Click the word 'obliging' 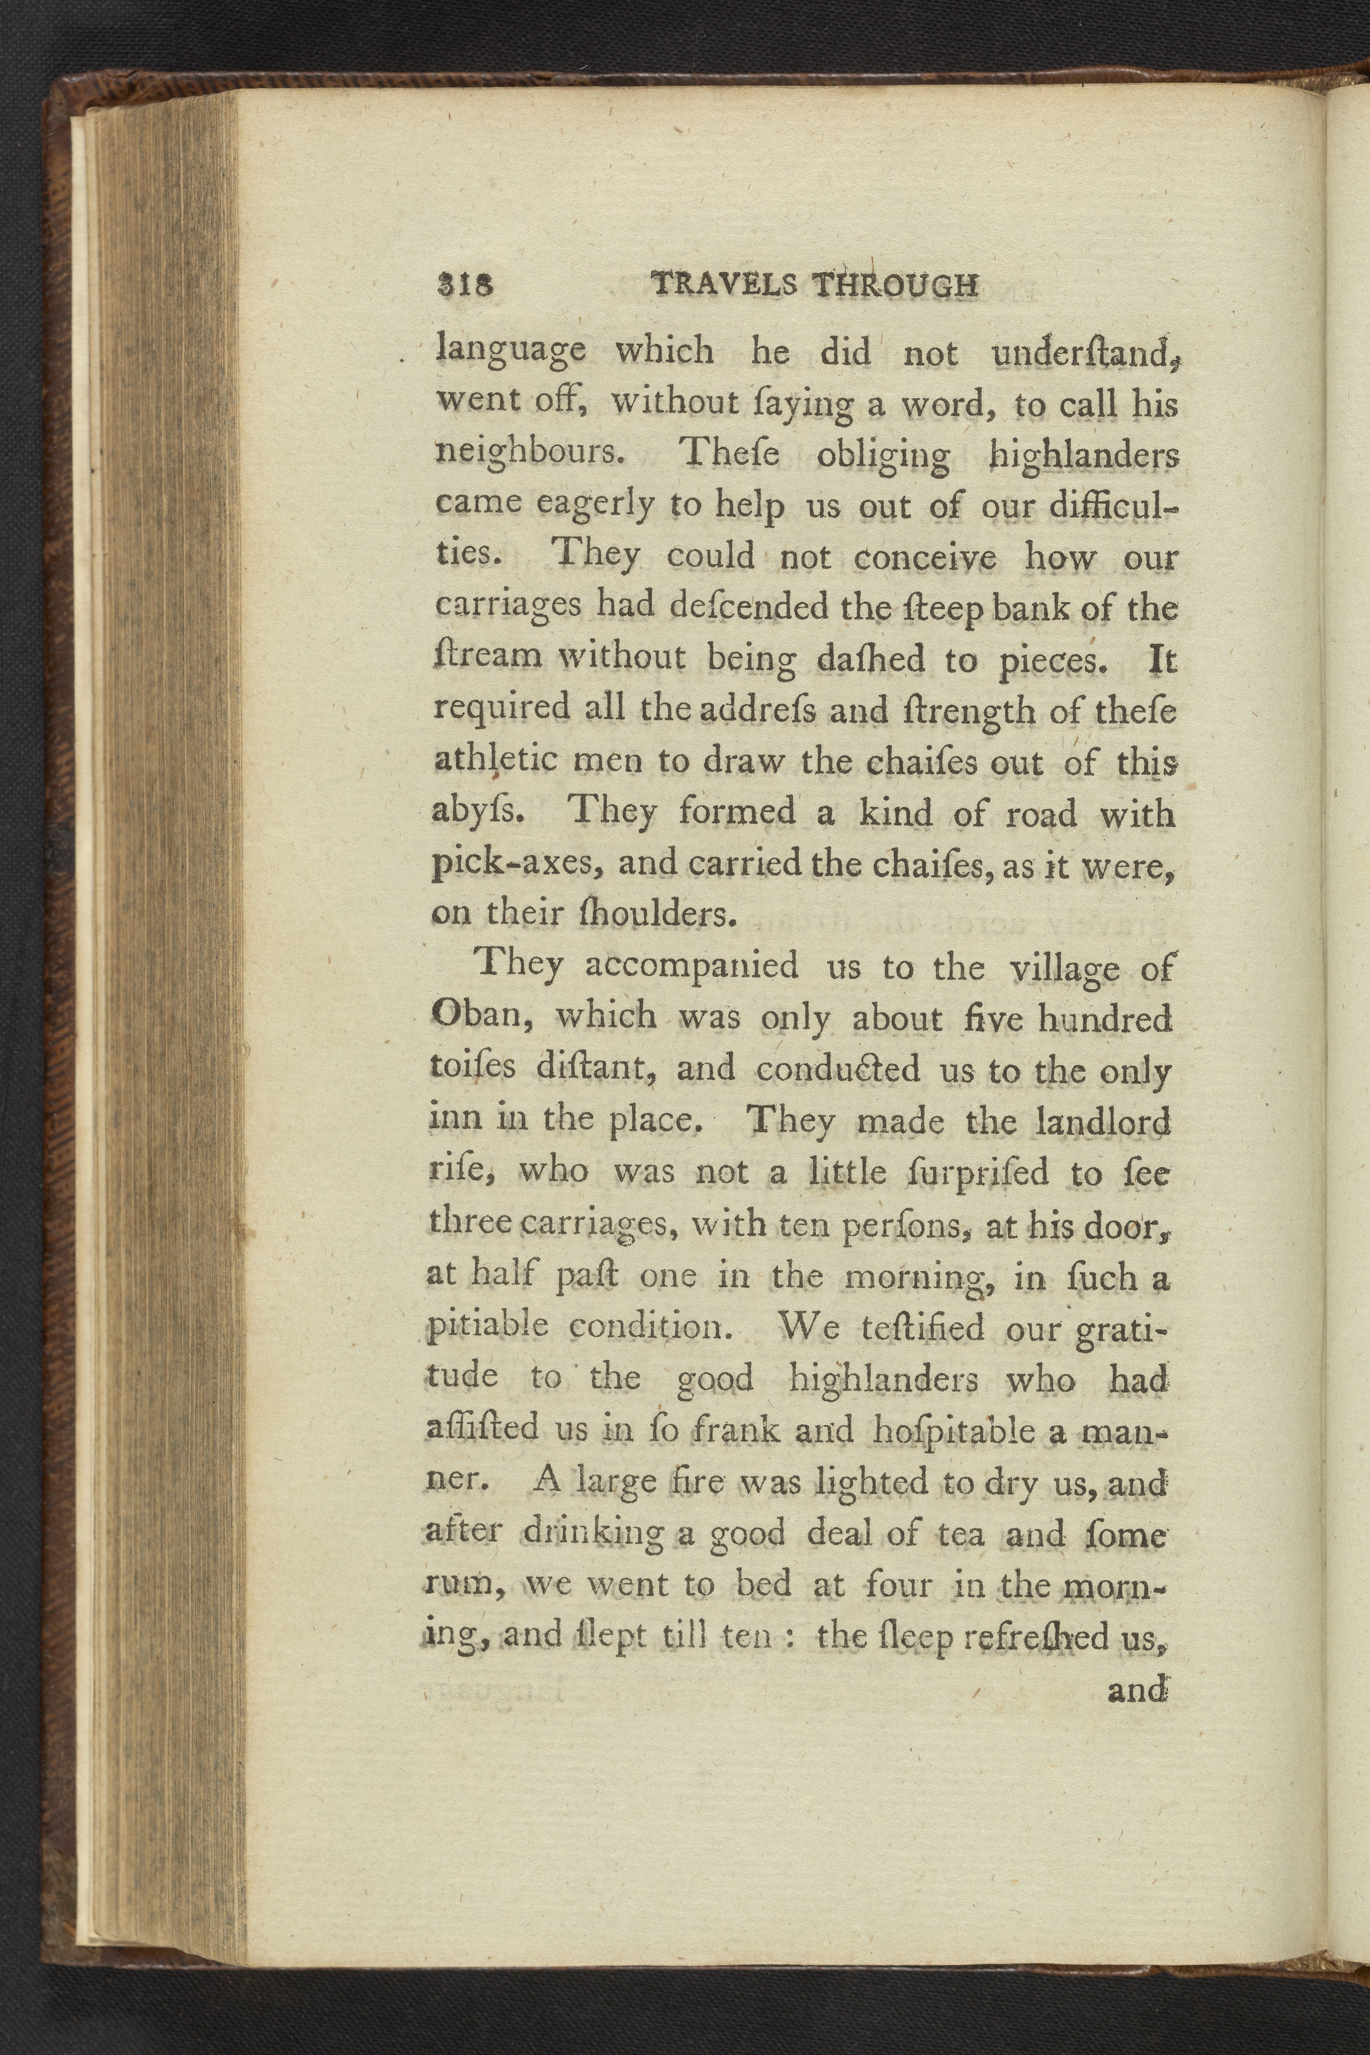[x=883, y=456]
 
